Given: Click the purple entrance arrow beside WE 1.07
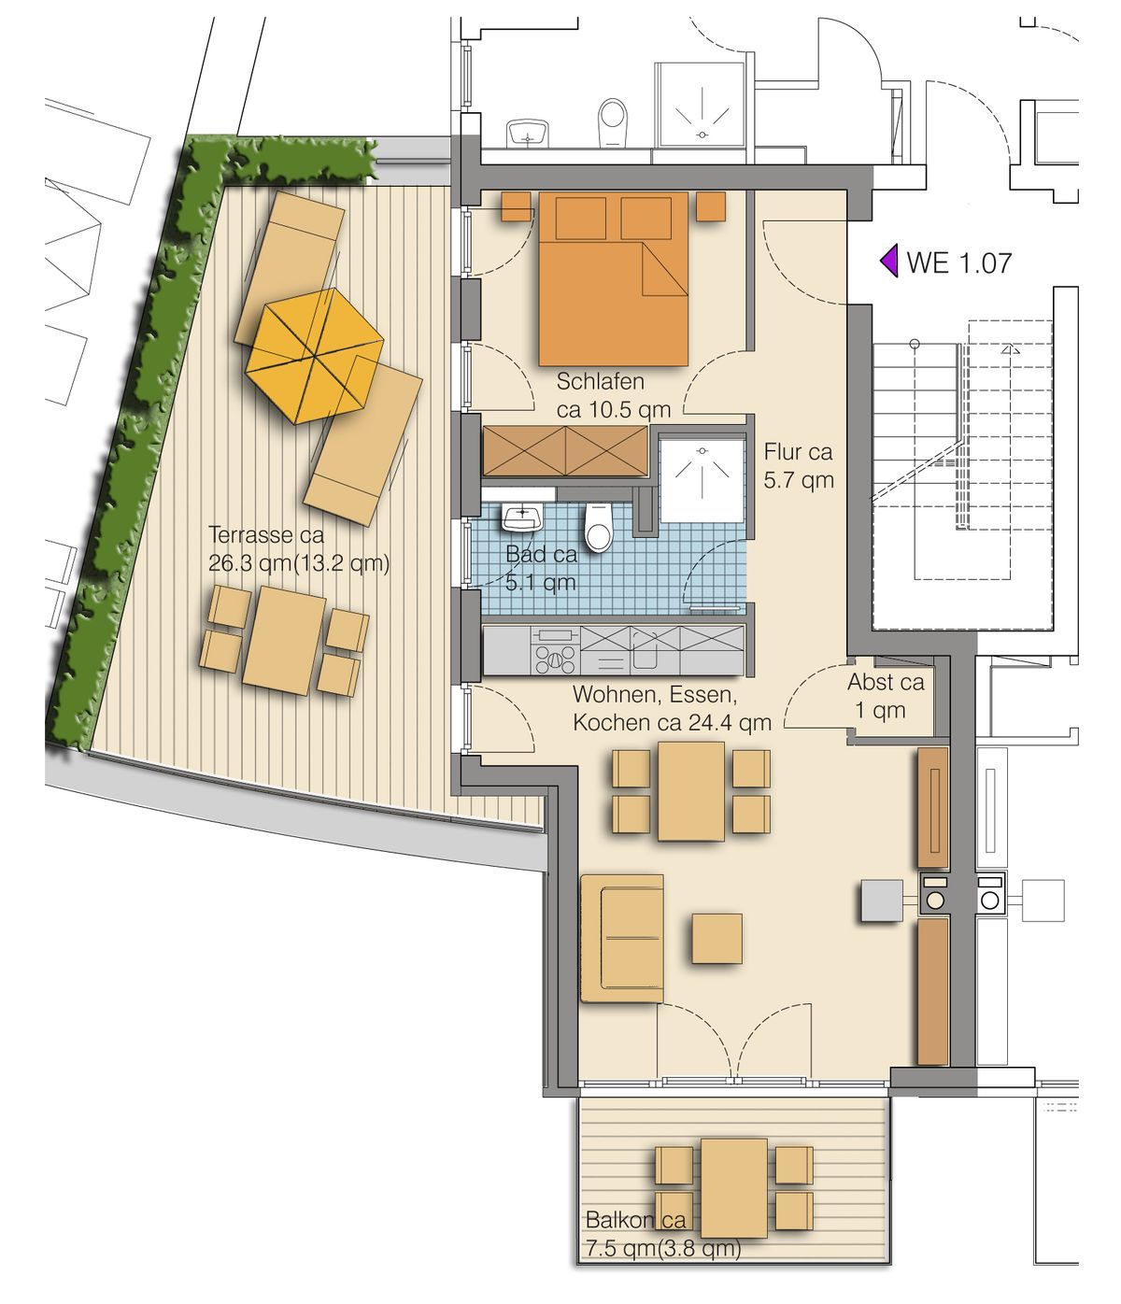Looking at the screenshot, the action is pos(889,262).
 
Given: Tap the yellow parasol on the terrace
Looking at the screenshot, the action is pos(314,356).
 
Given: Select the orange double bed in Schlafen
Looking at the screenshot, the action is pos(613,279).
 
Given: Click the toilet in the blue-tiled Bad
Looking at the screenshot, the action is pos(598,528).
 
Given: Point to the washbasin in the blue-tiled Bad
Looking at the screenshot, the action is pos(523,517).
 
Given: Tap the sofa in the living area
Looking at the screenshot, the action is pos(622,938).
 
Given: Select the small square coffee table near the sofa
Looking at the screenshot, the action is pos(717,938).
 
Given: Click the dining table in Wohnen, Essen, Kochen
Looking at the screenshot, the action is pos(690,791).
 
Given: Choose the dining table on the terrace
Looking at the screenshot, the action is pos(284,641).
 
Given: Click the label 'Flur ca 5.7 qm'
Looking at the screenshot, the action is pos(799,465).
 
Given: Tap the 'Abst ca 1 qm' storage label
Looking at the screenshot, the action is pos(885,696).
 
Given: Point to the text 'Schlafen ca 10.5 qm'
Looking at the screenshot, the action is pos(613,395).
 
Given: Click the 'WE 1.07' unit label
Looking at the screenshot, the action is pos(958,262).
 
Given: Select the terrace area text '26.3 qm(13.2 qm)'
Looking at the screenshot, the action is pos(298,562).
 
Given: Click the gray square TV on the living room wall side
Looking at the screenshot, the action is pos(882,900).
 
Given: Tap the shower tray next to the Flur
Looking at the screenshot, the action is pos(701,481).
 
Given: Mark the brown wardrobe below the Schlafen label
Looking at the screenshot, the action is pos(565,451).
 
